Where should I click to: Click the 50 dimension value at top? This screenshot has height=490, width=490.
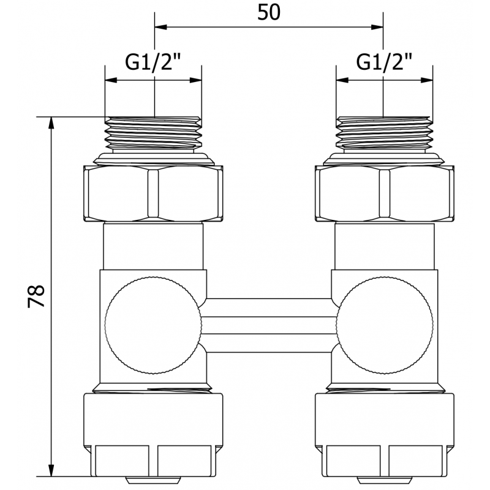(268, 12)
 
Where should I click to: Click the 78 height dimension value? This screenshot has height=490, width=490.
(37, 296)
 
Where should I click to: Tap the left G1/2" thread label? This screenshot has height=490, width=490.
(153, 62)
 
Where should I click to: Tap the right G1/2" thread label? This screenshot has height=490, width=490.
(384, 62)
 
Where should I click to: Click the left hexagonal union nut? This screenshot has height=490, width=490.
(153, 193)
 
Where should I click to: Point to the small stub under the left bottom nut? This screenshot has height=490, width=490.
(153, 480)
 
